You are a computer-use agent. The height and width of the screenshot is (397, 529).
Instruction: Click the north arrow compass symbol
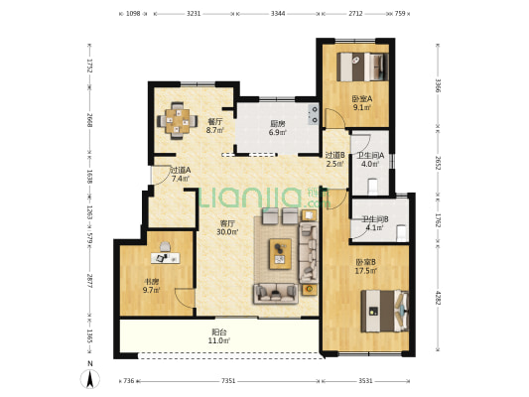[89, 379]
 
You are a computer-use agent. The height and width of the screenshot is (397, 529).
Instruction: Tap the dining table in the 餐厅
[178, 121]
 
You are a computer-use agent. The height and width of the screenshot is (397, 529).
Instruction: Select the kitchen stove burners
[314, 114]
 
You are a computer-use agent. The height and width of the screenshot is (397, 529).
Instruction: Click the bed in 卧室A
[362, 66]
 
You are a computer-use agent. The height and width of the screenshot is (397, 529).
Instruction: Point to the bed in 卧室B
[385, 311]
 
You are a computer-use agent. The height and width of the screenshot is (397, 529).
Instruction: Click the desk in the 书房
[166, 258]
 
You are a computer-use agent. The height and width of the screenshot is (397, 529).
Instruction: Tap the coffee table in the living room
[280, 254]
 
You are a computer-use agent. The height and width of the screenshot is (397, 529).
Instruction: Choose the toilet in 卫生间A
[372, 187]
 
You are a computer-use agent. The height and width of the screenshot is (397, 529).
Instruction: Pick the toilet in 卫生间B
[401, 232]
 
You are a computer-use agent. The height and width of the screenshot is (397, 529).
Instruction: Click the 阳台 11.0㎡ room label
[219, 336]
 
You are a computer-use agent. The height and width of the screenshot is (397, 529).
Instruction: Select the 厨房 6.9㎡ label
[277, 128]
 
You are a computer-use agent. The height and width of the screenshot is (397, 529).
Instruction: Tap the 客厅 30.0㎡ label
[227, 227]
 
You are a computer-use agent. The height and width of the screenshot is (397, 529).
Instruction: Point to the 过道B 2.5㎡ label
[334, 159]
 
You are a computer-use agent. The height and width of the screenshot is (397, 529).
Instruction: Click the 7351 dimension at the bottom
[228, 381]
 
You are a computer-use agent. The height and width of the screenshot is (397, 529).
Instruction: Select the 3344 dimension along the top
[278, 14]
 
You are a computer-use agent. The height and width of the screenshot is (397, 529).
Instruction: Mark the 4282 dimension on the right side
[438, 298]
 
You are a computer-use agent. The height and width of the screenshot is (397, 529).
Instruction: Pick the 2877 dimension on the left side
[89, 281]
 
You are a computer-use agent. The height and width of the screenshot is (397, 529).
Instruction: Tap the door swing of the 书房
[186, 298]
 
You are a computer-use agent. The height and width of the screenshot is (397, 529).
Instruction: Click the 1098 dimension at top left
[133, 14]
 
